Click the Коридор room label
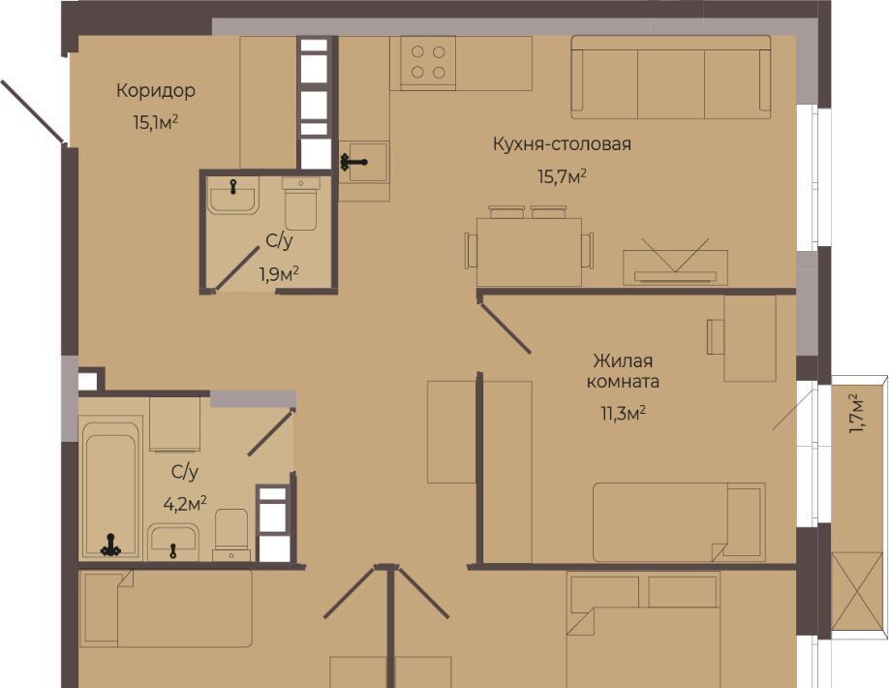(x=156, y=91)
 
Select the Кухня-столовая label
(x=562, y=144)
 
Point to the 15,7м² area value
(x=562, y=177)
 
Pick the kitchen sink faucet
(x=353, y=162)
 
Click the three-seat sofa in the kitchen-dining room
(x=671, y=78)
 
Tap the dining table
(x=530, y=252)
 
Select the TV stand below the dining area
(x=675, y=267)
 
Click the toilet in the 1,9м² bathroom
(x=301, y=203)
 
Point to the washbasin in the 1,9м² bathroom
(x=233, y=196)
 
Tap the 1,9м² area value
(x=280, y=274)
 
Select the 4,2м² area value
(x=185, y=503)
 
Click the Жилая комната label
(x=623, y=371)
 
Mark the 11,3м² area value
(x=624, y=414)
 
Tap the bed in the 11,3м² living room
(x=679, y=522)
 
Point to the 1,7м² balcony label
(x=856, y=414)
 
